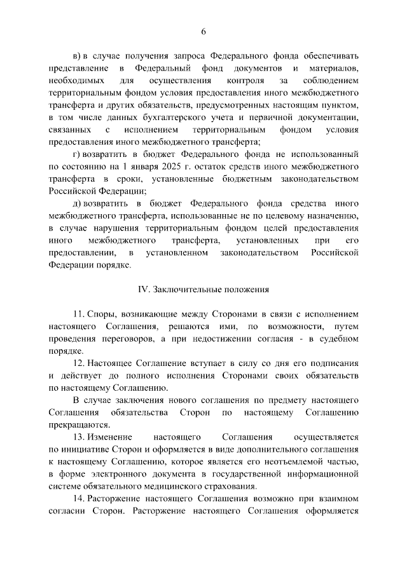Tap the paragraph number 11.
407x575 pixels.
pyautogui.click(x=79, y=314)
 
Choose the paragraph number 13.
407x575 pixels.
pyautogui.click(x=79, y=438)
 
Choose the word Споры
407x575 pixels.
pyautogui.click(x=102, y=314)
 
